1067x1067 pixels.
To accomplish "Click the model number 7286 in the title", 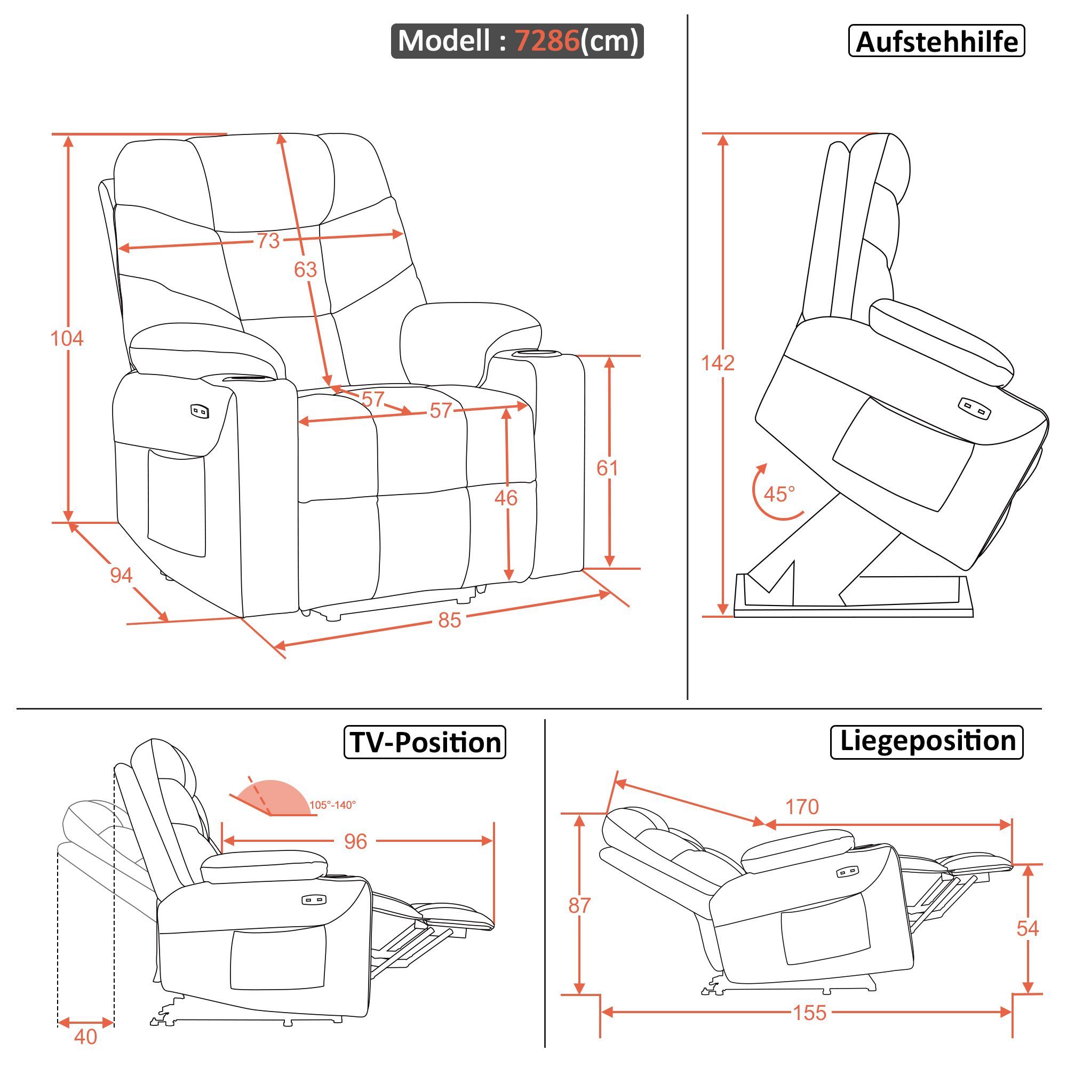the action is click(547, 41).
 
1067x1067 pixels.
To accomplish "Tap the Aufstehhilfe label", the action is click(936, 42).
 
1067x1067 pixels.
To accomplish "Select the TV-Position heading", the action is click(425, 742).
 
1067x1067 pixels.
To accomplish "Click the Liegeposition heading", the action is click(927, 741).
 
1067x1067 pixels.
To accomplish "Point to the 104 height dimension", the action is click(67, 338).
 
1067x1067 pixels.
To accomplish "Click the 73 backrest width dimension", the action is click(268, 241).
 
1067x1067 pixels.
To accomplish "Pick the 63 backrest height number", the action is click(305, 269).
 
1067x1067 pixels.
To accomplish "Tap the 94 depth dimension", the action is click(121, 576).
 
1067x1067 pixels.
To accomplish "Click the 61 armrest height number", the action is click(607, 468).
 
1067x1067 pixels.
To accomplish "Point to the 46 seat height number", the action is click(506, 498).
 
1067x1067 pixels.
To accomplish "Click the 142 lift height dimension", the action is click(718, 363).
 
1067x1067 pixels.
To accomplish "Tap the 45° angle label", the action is click(779, 493).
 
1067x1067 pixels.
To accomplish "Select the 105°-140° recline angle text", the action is click(332, 805).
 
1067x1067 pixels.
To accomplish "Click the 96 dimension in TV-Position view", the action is click(355, 841).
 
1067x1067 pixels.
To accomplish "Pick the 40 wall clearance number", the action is click(85, 1037).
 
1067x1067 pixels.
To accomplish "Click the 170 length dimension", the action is click(802, 807).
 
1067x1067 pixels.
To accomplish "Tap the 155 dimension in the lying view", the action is click(810, 1013).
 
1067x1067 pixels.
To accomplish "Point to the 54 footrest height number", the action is click(1027, 928).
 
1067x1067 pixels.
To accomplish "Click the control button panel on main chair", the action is click(200, 411).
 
